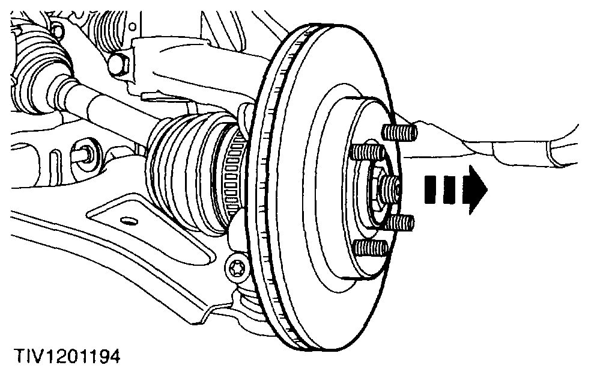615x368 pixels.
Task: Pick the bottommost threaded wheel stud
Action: point(369,247)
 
